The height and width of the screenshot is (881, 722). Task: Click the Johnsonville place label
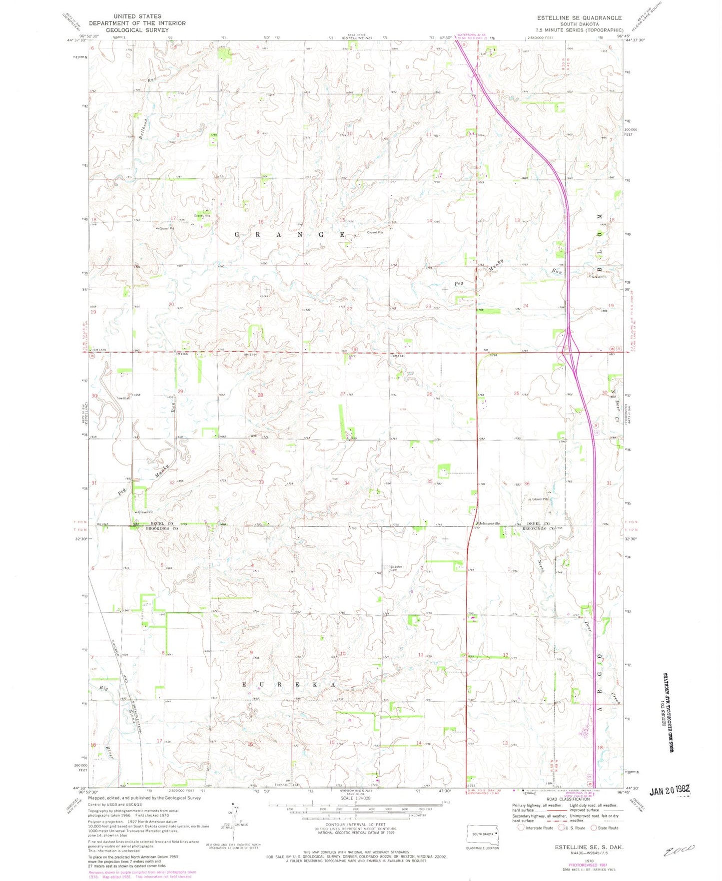tap(487, 523)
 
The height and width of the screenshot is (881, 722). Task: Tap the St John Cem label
tap(396, 568)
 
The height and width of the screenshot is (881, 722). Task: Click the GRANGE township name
tap(290, 234)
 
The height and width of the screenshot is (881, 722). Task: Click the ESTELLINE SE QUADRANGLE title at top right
tap(579, 17)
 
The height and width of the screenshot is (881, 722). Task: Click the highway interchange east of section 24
tap(569, 352)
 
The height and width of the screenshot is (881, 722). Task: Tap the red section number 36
tap(526, 483)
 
